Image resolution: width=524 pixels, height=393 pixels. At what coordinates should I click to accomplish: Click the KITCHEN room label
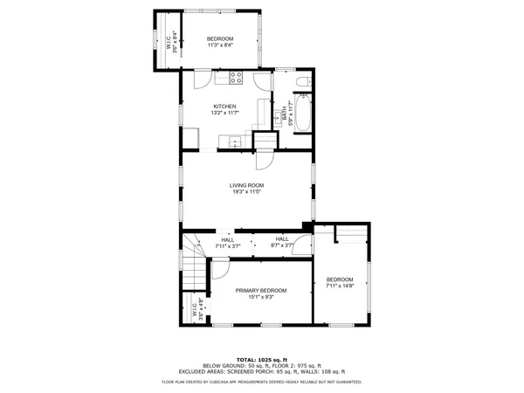pos(224,107)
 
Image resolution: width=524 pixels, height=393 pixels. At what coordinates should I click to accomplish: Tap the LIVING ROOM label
pos(247,185)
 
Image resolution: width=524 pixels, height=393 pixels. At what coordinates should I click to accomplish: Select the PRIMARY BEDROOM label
pos(260,290)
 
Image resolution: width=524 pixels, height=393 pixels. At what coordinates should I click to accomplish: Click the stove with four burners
pos(236,78)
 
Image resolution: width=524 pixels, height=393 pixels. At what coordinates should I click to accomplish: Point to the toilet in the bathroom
pos(302,83)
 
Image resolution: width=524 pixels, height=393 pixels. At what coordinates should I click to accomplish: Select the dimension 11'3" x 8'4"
pos(220,45)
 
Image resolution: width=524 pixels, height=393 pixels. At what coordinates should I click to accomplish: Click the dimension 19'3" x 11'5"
pos(247,192)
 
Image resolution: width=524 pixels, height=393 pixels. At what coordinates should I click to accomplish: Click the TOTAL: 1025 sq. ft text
pos(262,359)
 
